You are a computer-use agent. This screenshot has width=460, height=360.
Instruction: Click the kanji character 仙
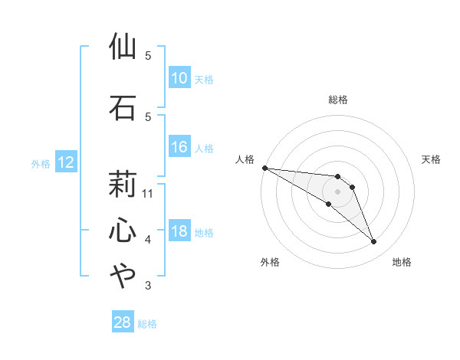pyautogui.click(x=123, y=47)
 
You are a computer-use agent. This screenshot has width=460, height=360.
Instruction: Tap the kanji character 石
pyautogui.click(x=123, y=107)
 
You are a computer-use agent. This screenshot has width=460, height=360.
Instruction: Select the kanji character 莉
pyautogui.click(x=123, y=184)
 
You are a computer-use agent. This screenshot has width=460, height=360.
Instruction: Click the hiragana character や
pyautogui.click(x=123, y=276)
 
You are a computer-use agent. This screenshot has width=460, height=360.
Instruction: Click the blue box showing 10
pyautogui.click(x=179, y=78)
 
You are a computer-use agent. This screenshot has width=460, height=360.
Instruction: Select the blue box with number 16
pyautogui.click(x=179, y=147)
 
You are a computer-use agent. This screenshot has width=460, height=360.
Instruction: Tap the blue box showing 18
pyautogui.click(x=179, y=232)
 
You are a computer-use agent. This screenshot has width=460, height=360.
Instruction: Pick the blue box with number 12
pyautogui.click(x=65, y=162)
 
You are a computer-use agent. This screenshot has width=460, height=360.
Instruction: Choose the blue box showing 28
pyautogui.click(x=123, y=322)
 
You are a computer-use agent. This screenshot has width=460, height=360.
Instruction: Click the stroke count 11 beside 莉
pyautogui.click(x=148, y=193)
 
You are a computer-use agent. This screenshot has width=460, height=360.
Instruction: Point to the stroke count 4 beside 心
pyautogui.click(x=148, y=240)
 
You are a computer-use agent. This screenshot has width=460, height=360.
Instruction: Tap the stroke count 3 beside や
pyautogui.click(x=148, y=286)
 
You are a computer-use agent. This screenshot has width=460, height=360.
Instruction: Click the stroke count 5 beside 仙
pyautogui.click(x=148, y=56)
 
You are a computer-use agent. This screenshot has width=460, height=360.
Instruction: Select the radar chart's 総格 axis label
pyautogui.click(x=338, y=100)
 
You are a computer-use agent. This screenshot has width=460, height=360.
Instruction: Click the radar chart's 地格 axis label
pyautogui.click(x=402, y=262)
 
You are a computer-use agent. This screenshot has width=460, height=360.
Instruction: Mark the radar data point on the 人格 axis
pyautogui.click(x=264, y=167)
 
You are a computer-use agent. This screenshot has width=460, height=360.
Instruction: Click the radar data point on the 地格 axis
pyautogui.click(x=374, y=242)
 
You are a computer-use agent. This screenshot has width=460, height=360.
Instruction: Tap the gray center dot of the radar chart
pyautogui.click(x=338, y=191)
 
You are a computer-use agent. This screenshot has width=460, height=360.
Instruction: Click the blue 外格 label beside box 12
pyautogui.click(x=40, y=163)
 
